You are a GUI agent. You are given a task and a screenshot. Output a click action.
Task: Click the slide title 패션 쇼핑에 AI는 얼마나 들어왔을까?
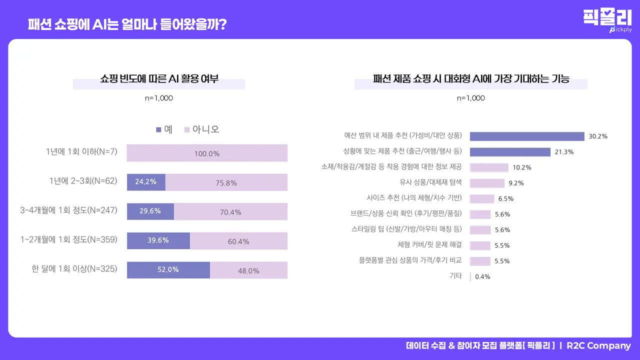pyautogui.click(x=127, y=24)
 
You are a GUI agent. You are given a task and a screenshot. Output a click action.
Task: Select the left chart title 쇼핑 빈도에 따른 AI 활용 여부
pyautogui.click(x=159, y=79)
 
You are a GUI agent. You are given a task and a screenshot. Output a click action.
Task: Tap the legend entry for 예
pyautogui.click(x=164, y=129)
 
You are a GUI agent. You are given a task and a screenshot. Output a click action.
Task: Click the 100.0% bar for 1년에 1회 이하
pyautogui.click(x=207, y=153)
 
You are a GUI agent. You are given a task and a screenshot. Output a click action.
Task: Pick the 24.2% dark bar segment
pyautogui.click(x=146, y=182)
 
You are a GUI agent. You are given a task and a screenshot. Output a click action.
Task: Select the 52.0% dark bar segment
pyautogui.click(x=168, y=270)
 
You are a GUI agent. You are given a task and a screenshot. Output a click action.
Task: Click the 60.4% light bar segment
pyautogui.click(x=238, y=241)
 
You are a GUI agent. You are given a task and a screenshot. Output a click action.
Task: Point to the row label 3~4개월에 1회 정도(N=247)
pyautogui.click(x=68, y=210)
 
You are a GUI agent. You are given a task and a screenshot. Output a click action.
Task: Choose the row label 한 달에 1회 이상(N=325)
pyautogui.click(x=74, y=269)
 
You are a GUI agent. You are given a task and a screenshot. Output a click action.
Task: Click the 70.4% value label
pyautogui.click(x=230, y=212)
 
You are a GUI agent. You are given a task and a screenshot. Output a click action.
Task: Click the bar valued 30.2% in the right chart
pyautogui.click(x=527, y=136)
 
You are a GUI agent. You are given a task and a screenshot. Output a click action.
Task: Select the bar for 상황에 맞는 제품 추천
pyautogui.click(x=510, y=152)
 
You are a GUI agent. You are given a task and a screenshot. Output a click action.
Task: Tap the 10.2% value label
pyautogui.click(x=522, y=167)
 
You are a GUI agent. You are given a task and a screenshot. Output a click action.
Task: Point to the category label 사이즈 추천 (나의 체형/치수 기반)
pyautogui.click(x=414, y=197)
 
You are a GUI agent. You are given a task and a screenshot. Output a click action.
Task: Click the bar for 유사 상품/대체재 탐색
pyautogui.click(x=487, y=183)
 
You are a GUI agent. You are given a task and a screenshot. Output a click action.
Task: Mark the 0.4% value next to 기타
pyautogui.click(x=482, y=277)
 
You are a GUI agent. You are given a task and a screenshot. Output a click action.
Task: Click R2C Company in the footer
pyautogui.click(x=598, y=346)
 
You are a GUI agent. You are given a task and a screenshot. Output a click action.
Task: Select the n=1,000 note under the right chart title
pyautogui.click(x=470, y=98)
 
